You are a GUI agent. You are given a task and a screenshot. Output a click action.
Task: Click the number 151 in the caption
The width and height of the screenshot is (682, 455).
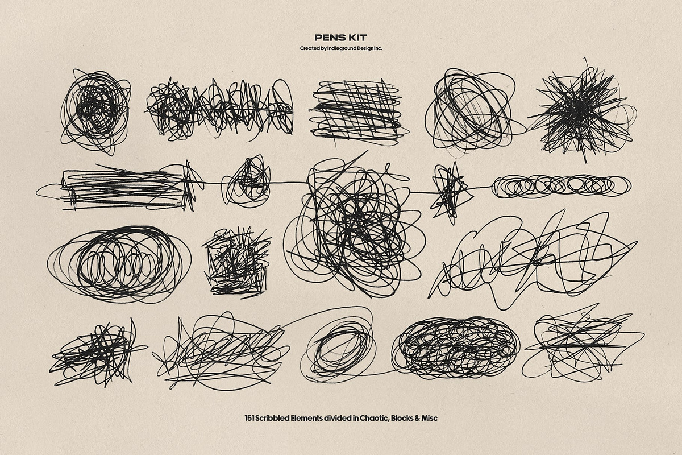249,418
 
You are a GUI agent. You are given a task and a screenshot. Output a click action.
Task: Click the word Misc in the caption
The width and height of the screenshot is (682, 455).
429,418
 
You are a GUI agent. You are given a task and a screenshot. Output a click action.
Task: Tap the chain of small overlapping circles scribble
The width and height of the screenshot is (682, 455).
561,186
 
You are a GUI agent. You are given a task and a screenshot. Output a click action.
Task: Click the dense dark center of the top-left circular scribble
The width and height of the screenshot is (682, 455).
96,105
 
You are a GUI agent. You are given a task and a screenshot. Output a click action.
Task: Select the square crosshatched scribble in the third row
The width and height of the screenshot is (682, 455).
237,262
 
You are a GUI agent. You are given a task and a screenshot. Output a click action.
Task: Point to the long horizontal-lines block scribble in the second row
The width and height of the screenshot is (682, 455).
122,188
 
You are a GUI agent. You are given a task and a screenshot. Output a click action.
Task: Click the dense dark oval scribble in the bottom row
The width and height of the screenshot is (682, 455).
456,348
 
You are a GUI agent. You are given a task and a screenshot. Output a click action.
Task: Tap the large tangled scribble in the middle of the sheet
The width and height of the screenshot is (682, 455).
353,226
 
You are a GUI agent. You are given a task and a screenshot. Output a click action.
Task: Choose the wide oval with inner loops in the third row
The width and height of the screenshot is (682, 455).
119,264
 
